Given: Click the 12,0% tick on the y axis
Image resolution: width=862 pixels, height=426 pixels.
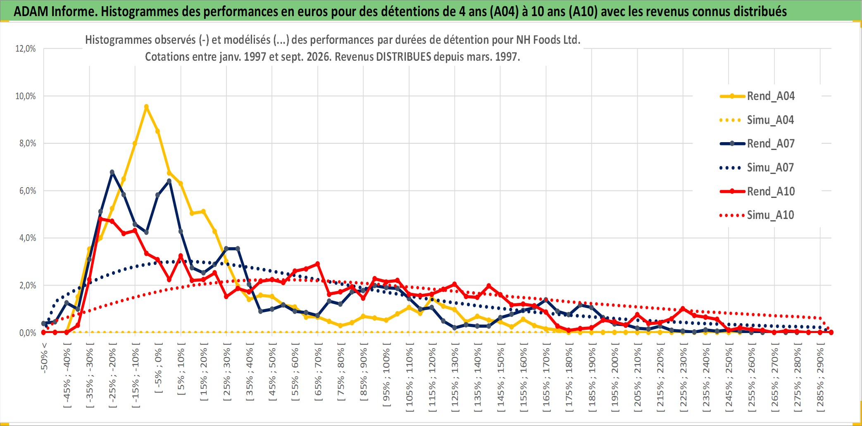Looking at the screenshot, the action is [x=26, y=49].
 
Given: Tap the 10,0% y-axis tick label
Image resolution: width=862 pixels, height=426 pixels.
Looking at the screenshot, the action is [x=26, y=96].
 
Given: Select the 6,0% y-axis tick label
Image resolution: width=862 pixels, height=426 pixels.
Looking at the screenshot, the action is [x=28, y=191].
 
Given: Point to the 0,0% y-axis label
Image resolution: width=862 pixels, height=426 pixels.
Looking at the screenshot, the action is [x=28, y=333].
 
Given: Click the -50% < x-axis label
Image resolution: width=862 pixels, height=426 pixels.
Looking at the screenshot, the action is [x=44, y=358].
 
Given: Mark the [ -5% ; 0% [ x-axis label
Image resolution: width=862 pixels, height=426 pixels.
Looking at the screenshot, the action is [x=158, y=371].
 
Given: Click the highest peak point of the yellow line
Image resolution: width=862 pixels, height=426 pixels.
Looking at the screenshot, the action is [x=146, y=107].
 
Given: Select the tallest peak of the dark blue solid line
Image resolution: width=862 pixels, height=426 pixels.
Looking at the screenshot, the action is [x=112, y=172].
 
